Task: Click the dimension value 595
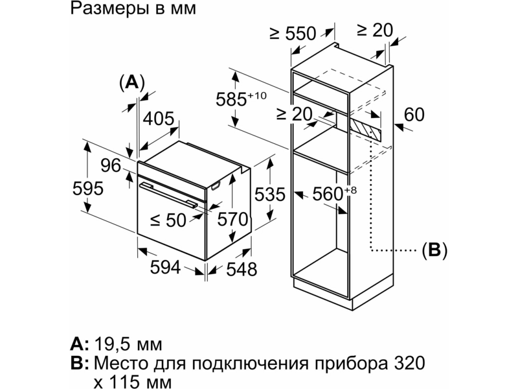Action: click(x=88, y=189)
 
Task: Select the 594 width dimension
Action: click(x=165, y=267)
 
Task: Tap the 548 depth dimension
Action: click(x=242, y=269)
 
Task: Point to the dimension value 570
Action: click(x=232, y=219)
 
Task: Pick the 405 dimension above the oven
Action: click(x=158, y=119)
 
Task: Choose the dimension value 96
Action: click(x=111, y=165)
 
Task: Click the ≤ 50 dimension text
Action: click(x=168, y=220)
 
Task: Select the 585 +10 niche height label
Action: click(x=241, y=99)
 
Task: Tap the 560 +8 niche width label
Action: click(x=335, y=193)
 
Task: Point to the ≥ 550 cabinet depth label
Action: click(x=293, y=34)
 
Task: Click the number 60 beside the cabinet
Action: click(x=414, y=115)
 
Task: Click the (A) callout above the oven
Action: click(x=132, y=82)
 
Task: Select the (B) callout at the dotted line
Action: click(x=434, y=250)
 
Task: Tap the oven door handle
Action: click(x=168, y=195)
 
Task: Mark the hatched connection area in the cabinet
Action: click(x=366, y=130)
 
